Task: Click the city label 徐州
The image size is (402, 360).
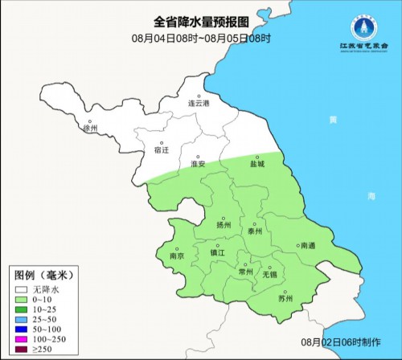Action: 90,128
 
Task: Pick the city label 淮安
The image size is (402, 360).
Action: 198,164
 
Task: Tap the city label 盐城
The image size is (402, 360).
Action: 257,163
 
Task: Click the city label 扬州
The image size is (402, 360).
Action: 224,225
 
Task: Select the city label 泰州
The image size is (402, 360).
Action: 256,230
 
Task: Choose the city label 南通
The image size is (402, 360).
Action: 306,247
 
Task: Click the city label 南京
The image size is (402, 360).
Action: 178,256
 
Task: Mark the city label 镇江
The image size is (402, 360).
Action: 217,252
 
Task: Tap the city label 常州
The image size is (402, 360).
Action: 246,272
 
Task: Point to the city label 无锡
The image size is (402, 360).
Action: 269,273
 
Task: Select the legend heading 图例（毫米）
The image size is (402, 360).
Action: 40,274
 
